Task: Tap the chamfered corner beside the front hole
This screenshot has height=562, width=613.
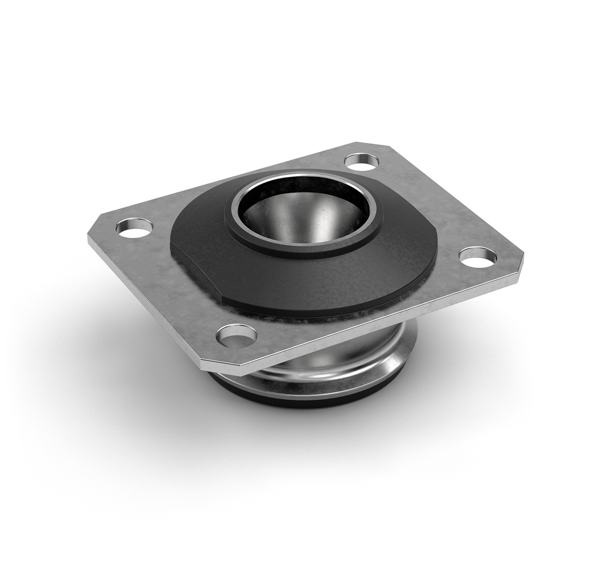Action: pyautogui.click(x=209, y=363)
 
